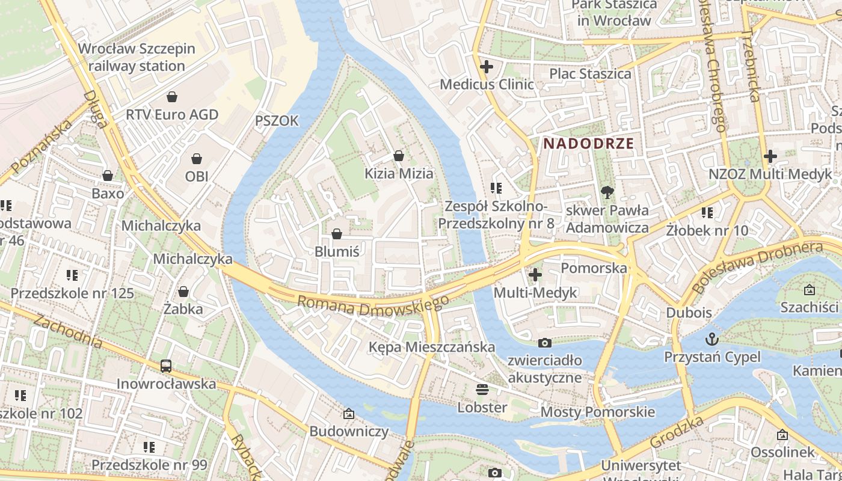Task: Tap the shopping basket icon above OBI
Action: coord(197,159)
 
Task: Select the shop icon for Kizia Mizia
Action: coord(398,156)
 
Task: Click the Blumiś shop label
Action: coord(337,251)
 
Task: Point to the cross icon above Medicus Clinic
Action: coord(487,67)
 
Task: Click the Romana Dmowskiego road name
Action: coord(373,305)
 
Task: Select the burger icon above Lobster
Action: coord(482,390)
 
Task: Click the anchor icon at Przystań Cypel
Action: coord(712,339)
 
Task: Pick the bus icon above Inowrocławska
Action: coord(166,366)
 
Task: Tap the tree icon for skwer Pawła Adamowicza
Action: coord(607,192)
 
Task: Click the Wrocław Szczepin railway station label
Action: coord(137,57)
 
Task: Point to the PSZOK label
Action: coord(277,121)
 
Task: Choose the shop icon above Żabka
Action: coord(183,292)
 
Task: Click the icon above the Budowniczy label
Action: coord(349,414)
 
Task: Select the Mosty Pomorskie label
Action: coord(597,412)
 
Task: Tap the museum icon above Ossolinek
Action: coord(782,434)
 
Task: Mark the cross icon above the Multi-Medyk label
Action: coord(535,275)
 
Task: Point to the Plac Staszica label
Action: coord(590,73)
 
